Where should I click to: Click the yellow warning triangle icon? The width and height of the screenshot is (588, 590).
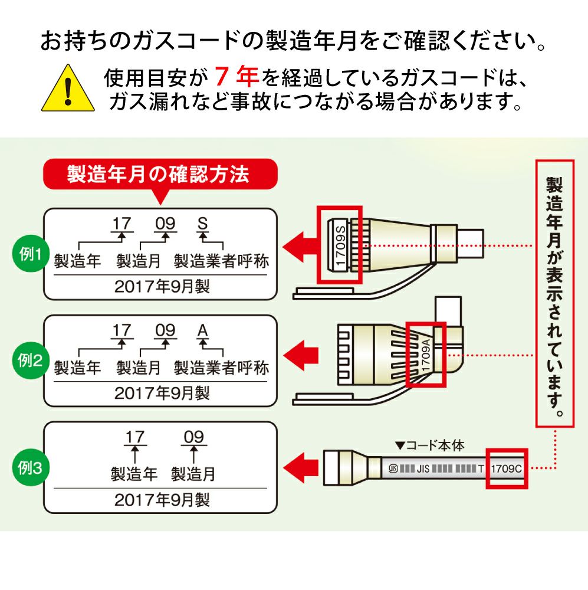click(68, 90)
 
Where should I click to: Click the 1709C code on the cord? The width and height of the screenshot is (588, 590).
click(506, 470)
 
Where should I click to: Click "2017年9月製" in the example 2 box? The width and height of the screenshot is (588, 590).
click(160, 393)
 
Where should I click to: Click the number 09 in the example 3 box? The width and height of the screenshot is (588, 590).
click(193, 437)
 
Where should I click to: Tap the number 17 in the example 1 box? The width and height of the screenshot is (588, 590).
click(122, 224)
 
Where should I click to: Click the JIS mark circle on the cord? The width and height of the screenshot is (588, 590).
click(393, 470)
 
